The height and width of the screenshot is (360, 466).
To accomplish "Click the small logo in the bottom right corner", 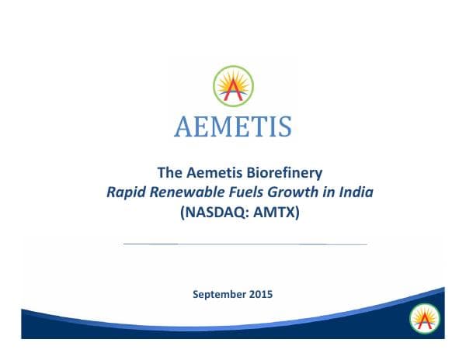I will pyautogui.click(x=424, y=317).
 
